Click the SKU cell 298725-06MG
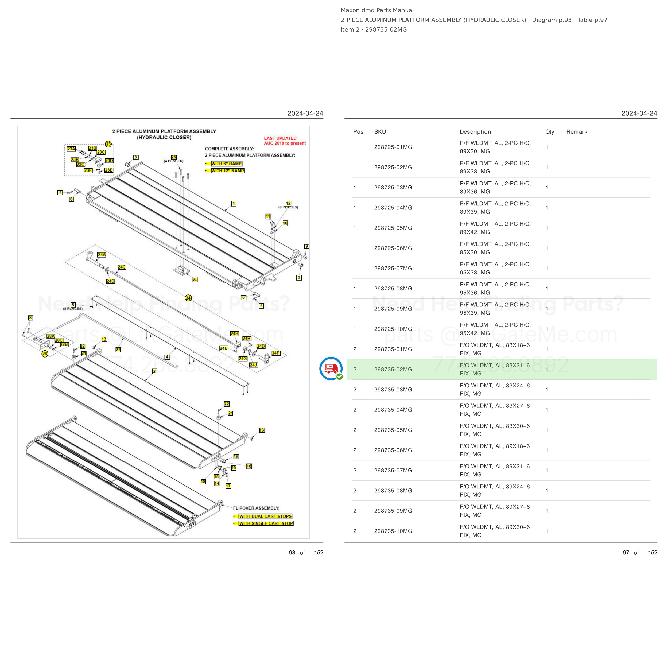point(393,248)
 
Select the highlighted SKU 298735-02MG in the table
point(393,369)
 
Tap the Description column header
point(475,132)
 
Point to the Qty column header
point(549,132)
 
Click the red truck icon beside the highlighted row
point(331,368)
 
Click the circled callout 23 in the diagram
point(108,144)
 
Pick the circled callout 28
point(45,354)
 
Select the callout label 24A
point(102,254)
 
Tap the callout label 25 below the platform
point(195,279)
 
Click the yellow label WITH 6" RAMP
point(227,164)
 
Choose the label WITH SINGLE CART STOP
point(266,523)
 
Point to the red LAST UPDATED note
point(285,141)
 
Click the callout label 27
point(118,350)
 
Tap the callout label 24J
point(253,365)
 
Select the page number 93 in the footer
point(292,553)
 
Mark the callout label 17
point(228,486)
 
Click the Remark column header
point(577,132)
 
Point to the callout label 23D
point(109,160)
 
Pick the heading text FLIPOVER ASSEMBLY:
point(256,508)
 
